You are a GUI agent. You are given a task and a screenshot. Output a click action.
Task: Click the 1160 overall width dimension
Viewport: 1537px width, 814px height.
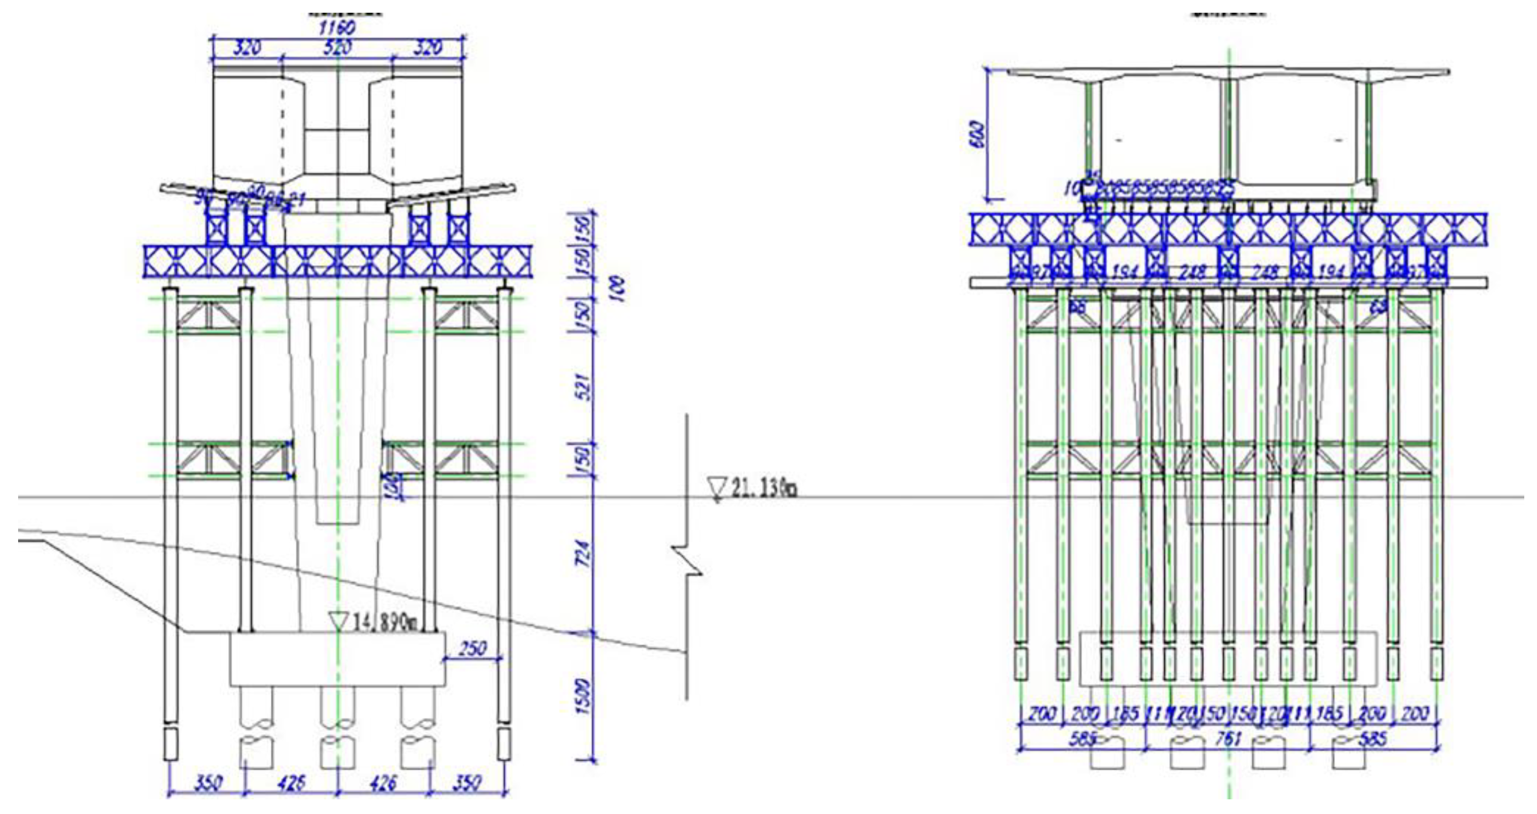pyautogui.click(x=338, y=27)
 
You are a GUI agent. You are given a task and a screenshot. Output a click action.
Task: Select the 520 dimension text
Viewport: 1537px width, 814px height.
pyautogui.click(x=338, y=48)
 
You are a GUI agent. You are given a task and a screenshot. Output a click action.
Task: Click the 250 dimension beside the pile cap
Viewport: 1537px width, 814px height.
pyautogui.click(x=473, y=648)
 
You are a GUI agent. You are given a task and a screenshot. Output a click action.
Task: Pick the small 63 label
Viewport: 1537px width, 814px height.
pyautogui.click(x=1379, y=308)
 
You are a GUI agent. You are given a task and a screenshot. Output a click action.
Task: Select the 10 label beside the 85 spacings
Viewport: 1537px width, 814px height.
pyautogui.click(x=1072, y=190)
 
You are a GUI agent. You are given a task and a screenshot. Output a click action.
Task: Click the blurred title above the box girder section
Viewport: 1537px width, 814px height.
pyautogui.click(x=1229, y=12)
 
